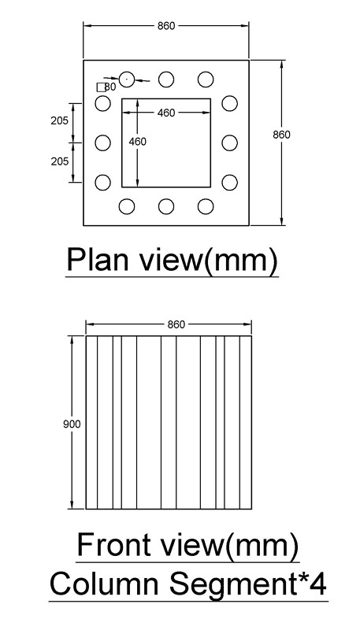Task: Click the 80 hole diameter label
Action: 110,87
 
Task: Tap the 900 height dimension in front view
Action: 72,424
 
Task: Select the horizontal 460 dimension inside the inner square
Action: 166,113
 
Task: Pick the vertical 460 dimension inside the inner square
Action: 137,142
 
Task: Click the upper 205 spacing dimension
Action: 59,120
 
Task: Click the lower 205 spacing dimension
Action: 59,161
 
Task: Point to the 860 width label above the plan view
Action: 166,26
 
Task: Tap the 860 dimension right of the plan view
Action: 281,135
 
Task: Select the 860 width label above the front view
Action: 176,324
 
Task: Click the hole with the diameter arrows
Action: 127,80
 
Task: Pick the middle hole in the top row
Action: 166,80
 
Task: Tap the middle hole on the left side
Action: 103,143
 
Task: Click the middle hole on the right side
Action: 229,143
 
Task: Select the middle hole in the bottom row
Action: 166,206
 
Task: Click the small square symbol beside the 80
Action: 102,87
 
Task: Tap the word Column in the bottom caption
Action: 104,584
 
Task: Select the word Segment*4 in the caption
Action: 247,585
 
